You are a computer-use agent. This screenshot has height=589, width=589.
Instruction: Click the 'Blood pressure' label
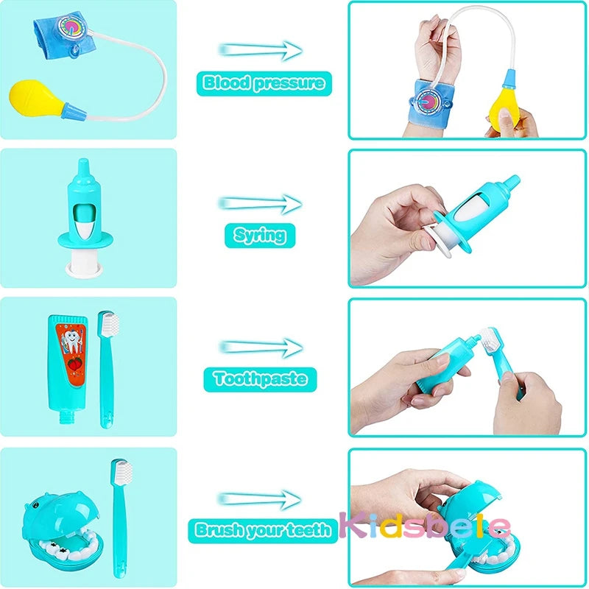pyautogui.click(x=264, y=83)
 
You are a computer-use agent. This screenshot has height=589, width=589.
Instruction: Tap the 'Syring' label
pyautogui.click(x=259, y=235)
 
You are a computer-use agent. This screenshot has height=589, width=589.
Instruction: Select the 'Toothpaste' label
pyautogui.click(x=260, y=378)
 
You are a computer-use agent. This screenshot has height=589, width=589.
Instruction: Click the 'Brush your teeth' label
pyautogui.click(x=263, y=529)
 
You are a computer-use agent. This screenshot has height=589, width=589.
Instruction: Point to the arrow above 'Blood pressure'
pyautogui.click(x=260, y=50)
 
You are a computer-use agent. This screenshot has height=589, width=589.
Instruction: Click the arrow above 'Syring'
pyautogui.click(x=260, y=203)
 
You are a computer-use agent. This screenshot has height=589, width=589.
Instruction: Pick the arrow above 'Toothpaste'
pyautogui.click(x=260, y=347)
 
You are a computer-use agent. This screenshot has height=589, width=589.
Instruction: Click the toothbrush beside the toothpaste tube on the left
pyautogui.click(x=109, y=368)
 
